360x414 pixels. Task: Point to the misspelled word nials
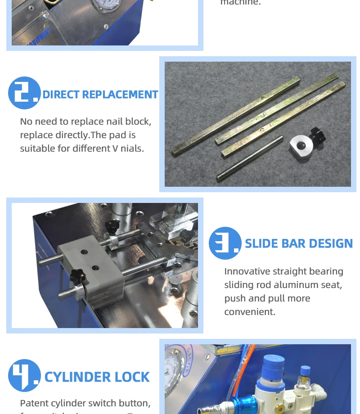pos(131,148)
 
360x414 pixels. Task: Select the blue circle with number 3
pos(225,243)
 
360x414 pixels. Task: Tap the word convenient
pos(250,312)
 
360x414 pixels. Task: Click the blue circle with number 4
pos(24,375)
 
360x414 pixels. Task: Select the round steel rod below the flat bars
pos(250,158)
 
